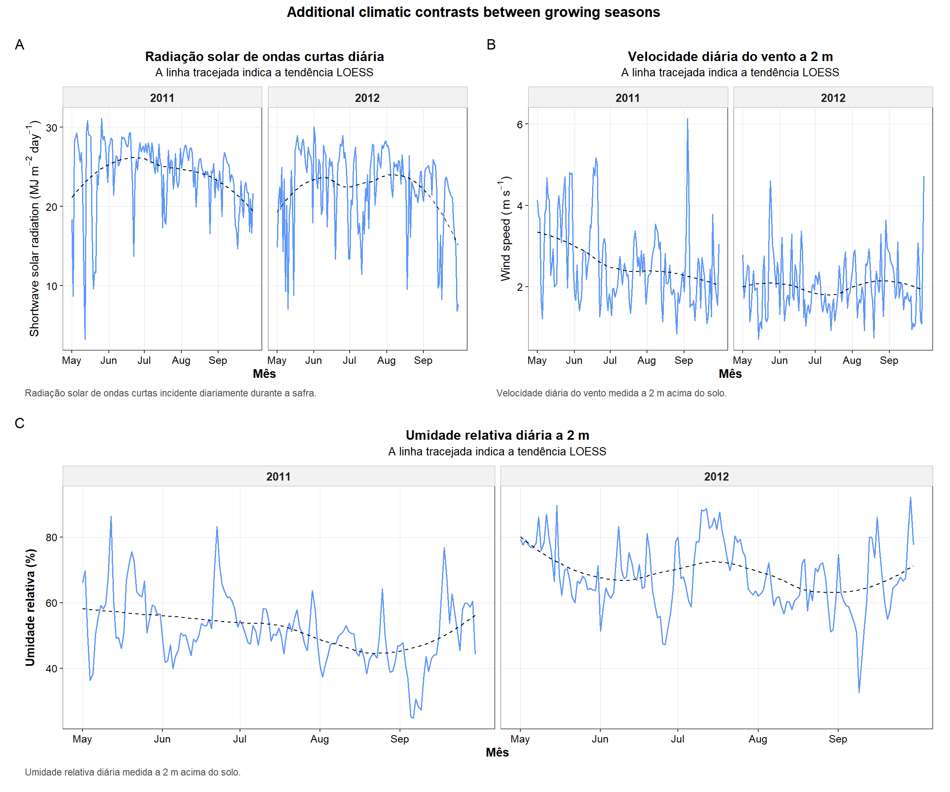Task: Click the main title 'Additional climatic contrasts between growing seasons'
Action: click(473, 12)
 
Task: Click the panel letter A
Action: click(19, 45)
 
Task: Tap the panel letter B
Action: click(491, 45)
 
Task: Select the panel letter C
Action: click(19, 423)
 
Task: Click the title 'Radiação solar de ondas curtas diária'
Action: click(264, 57)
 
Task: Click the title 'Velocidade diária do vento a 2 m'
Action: click(730, 57)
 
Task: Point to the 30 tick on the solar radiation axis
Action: click(52, 127)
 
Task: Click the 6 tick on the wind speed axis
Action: click(520, 125)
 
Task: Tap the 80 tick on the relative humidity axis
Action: click(52, 537)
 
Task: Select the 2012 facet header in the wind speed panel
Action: click(833, 98)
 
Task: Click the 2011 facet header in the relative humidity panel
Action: click(278, 476)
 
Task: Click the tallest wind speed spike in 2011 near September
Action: click(687, 120)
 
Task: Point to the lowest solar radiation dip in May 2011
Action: click(85, 338)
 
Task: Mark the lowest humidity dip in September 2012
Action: click(858, 691)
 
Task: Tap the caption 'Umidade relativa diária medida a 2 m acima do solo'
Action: click(132, 772)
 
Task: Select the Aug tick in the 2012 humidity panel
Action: click(757, 739)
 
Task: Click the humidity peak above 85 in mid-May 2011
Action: click(111, 517)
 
